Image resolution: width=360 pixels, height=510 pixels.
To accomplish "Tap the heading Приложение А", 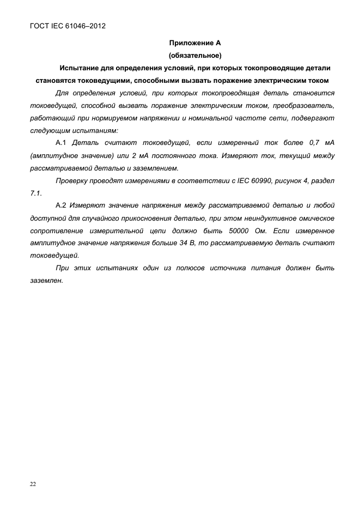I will [194, 42].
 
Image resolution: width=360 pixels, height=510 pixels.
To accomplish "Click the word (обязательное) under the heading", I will [195, 56].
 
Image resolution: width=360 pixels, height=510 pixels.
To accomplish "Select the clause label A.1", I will [61, 143].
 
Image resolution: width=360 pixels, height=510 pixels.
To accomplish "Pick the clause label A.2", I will [61, 205].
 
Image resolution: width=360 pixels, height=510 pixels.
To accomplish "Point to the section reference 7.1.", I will [35, 193].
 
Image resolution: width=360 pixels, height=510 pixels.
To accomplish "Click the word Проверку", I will [72, 180].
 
